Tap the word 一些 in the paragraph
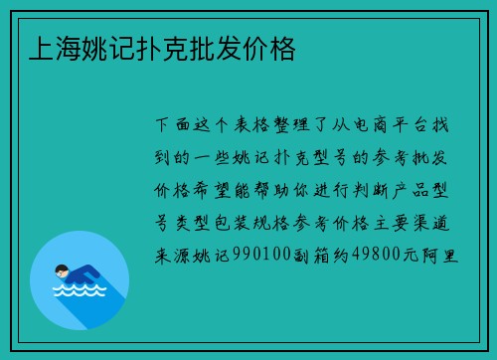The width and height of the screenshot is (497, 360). pyautogui.click(x=236, y=158)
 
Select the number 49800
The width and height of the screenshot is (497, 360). pyautogui.click(x=373, y=255)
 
